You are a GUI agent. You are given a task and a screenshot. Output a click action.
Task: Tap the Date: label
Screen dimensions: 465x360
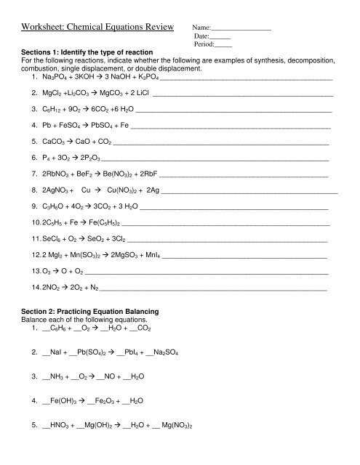tap(202, 36)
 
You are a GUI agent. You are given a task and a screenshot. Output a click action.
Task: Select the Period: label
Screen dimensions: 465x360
tap(205, 44)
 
